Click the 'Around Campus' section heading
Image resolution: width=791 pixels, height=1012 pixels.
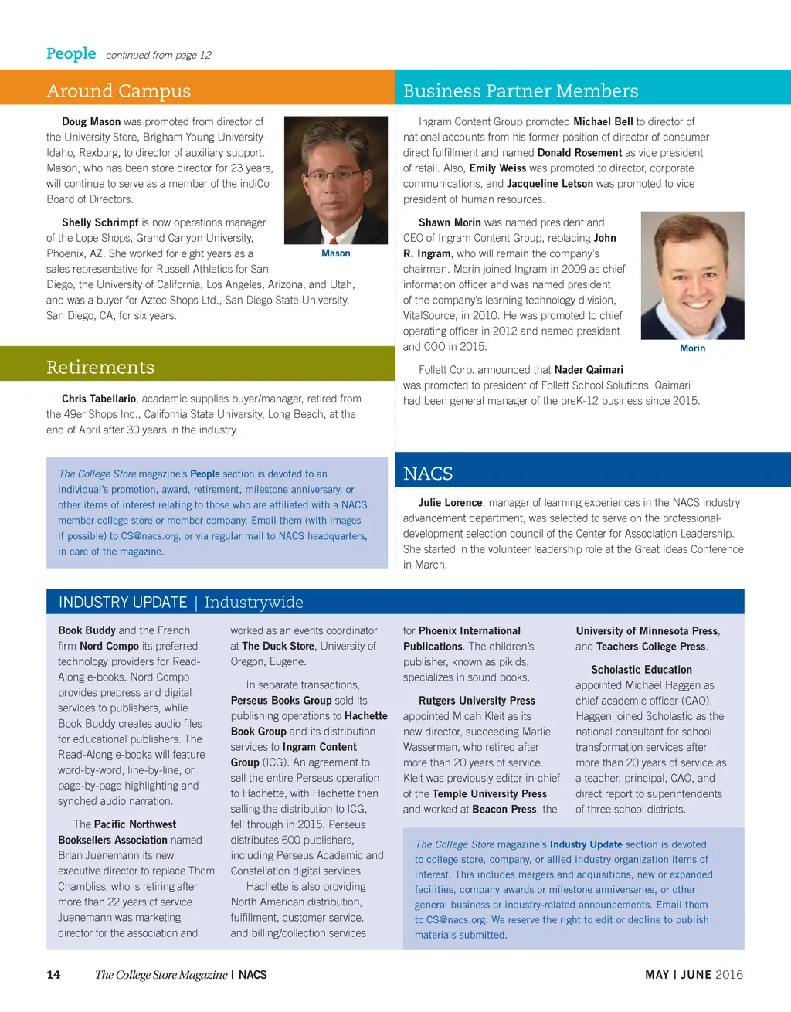point(118,91)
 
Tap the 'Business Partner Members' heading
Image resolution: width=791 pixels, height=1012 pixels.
point(521,91)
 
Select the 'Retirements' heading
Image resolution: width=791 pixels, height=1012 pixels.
point(100,368)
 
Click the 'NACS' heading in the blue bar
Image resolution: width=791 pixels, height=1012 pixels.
point(428,474)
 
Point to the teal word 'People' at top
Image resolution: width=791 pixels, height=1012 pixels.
point(71,53)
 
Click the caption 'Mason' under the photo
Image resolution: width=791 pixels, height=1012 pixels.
point(335,253)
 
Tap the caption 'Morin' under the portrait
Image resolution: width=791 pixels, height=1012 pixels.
point(692,348)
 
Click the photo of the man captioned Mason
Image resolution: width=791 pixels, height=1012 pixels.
point(336,180)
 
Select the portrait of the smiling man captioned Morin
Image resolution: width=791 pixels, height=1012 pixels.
point(693,276)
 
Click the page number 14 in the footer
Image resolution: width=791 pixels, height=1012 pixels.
point(53,975)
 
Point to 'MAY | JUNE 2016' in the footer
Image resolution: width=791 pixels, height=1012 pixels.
point(694,975)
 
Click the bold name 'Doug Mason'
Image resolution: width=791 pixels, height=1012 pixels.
point(91,122)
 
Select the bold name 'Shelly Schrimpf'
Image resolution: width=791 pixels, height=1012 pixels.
point(100,222)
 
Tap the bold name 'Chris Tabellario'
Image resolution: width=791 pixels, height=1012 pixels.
point(99,399)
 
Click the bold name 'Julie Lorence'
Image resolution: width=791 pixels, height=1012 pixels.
point(450,503)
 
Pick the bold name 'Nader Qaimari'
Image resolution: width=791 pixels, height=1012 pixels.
point(589,370)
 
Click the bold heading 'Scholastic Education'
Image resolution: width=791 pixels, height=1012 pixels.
point(641,670)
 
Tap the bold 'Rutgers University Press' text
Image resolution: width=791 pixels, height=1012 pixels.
point(477,701)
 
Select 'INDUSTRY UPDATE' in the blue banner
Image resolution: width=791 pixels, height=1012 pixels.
point(123,603)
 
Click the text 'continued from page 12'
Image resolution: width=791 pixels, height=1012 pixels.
point(158,55)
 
